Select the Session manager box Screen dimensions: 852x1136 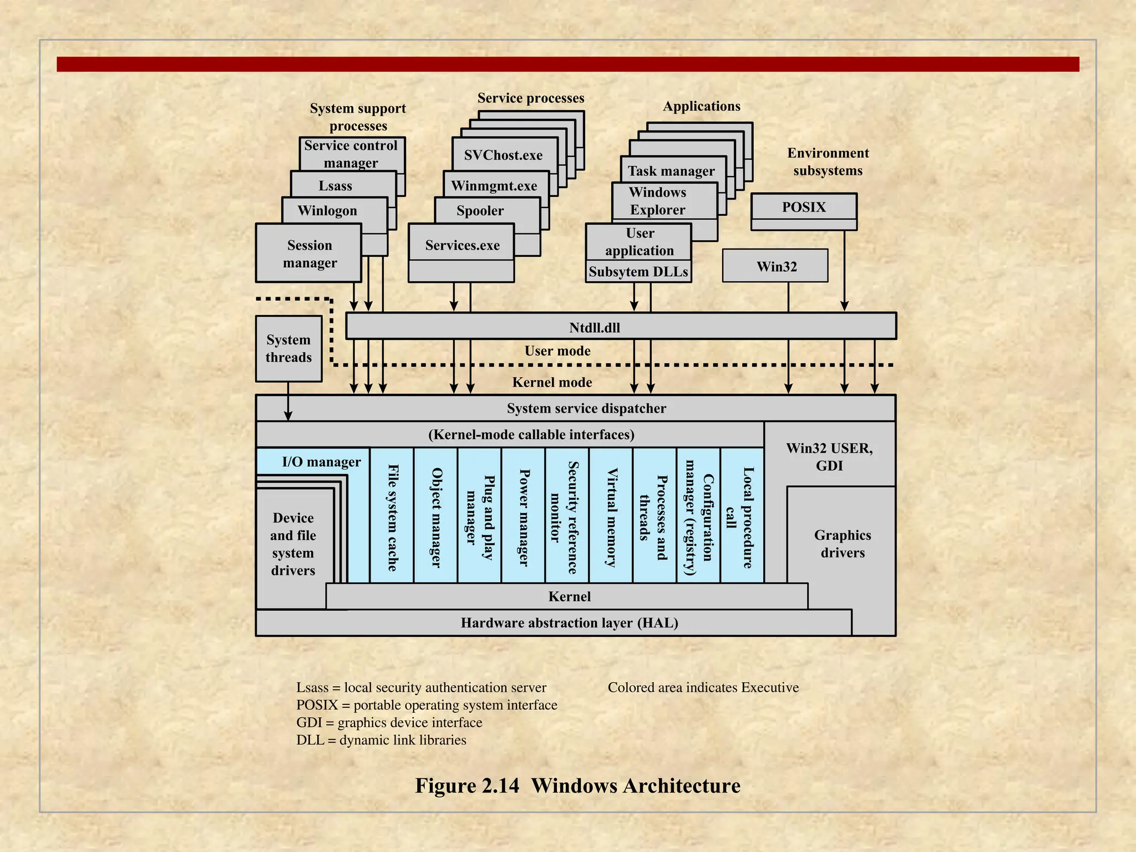click(x=309, y=253)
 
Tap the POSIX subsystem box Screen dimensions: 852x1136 click(x=804, y=207)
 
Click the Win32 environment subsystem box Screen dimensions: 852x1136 click(x=775, y=266)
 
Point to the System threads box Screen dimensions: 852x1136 click(x=288, y=348)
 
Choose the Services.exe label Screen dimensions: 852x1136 click(x=462, y=245)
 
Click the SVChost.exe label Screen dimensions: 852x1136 click(x=503, y=155)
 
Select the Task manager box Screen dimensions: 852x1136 click(x=671, y=171)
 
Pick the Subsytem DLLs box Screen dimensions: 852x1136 click(x=638, y=272)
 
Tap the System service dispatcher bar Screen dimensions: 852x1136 click(x=586, y=408)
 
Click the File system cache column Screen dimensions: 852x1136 click(x=392, y=517)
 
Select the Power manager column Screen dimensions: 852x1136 click(x=524, y=517)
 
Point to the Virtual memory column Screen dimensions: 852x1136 click(x=611, y=517)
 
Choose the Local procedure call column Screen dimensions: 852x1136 click(x=742, y=517)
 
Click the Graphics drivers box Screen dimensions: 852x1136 click(x=842, y=544)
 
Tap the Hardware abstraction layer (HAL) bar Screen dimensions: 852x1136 click(x=569, y=623)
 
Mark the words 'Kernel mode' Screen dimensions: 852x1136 click(x=552, y=382)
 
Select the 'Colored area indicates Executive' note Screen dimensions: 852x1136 click(x=703, y=687)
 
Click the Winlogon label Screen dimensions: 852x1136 click(x=327, y=211)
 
